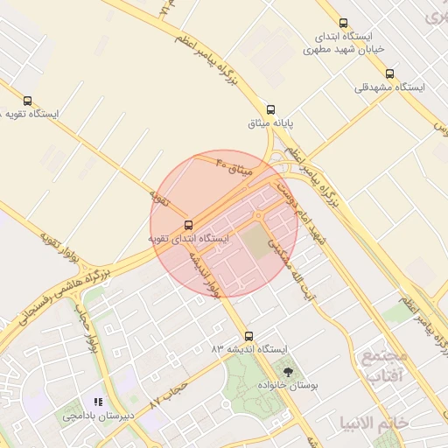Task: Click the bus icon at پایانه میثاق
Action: tap(271, 110)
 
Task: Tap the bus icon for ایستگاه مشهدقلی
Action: tap(389, 74)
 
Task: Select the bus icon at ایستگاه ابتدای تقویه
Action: tap(190, 225)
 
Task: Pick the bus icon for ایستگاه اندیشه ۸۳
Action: tap(249, 336)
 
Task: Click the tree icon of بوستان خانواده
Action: tap(289, 372)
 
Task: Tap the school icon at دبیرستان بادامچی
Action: tap(98, 402)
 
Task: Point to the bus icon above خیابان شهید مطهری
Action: tap(342, 24)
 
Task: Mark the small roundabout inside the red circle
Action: tap(258, 215)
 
